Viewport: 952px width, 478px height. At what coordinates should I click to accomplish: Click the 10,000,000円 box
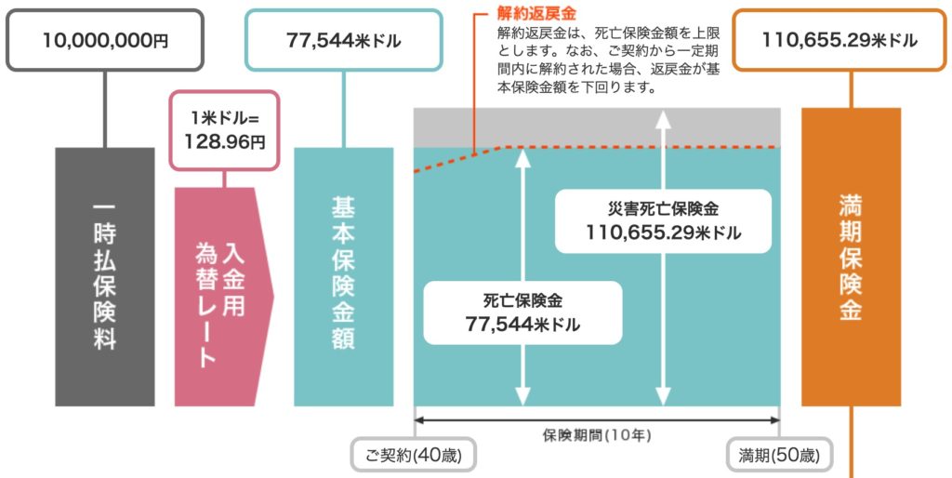[x=104, y=41]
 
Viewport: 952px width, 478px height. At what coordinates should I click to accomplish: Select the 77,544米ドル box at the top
[x=343, y=41]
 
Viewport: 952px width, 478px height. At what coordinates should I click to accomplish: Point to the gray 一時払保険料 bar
[x=104, y=276]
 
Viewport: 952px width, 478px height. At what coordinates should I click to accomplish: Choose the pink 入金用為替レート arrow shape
[x=221, y=297]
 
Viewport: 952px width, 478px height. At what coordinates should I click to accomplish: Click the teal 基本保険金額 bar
[x=343, y=276]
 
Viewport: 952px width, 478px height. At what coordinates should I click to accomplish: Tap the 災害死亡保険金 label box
[x=664, y=220]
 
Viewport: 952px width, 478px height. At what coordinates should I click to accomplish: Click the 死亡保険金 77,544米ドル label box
[x=522, y=312]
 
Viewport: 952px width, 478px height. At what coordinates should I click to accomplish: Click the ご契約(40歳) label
[x=414, y=456]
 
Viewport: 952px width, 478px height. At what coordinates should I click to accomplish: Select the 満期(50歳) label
[x=779, y=456]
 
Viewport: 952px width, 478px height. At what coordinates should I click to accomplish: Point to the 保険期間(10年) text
[x=597, y=434]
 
